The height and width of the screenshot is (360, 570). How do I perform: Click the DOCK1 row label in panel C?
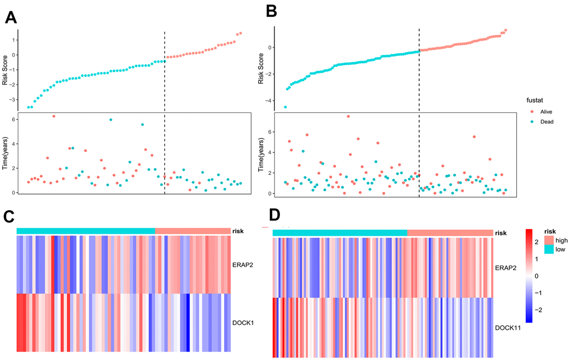[x=244, y=323]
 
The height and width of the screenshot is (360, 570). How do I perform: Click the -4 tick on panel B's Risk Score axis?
[x=268, y=101]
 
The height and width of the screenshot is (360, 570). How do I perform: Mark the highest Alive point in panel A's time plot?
[x=54, y=116]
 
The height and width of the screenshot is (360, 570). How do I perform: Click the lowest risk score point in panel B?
[x=285, y=107]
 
